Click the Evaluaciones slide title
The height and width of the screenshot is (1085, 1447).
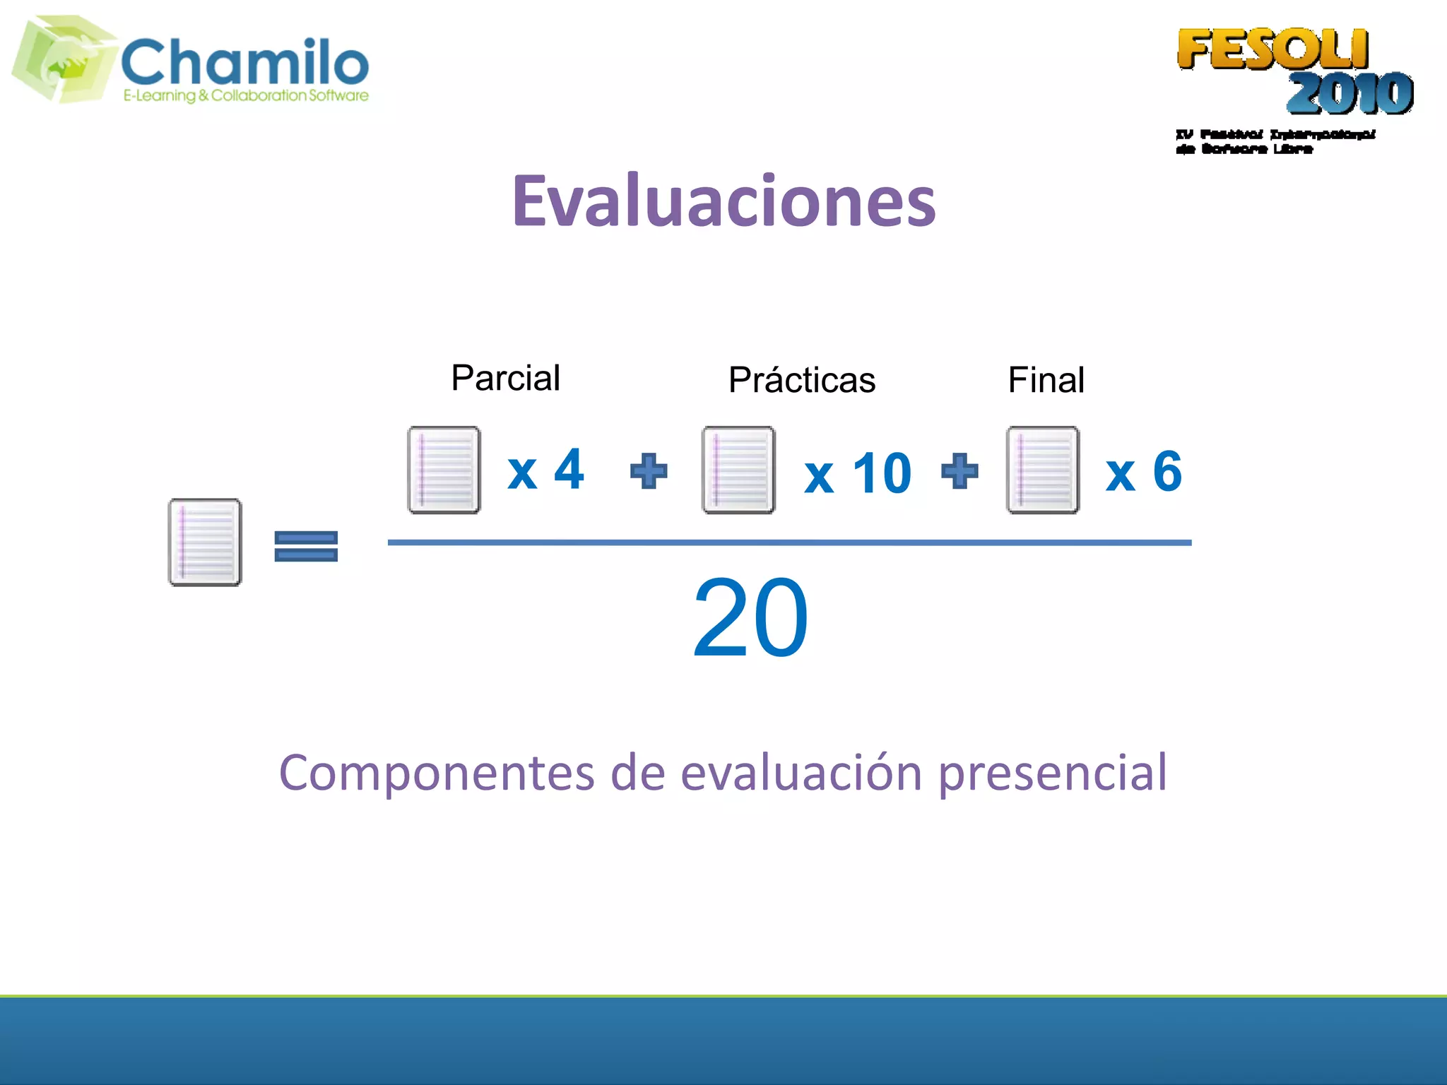[x=723, y=202]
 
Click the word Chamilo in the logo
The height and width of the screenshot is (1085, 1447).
[x=245, y=62]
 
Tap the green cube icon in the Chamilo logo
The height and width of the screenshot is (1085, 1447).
[x=64, y=59]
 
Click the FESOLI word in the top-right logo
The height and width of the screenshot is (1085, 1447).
[x=1272, y=49]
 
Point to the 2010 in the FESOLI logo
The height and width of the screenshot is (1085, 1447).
[x=1349, y=93]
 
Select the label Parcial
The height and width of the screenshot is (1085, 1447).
[x=506, y=378]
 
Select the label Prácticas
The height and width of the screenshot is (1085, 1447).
[x=802, y=380]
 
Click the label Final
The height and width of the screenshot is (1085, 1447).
[x=1046, y=380]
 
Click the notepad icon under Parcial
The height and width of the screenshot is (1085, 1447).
[x=444, y=470]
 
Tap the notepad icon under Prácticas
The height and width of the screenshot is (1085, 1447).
[x=738, y=470]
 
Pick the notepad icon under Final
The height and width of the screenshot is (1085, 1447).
[x=1042, y=470]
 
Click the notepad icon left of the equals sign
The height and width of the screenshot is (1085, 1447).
[x=204, y=542]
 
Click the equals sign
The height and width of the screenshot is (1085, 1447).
[x=306, y=546]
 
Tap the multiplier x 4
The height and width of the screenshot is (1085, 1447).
[x=545, y=469]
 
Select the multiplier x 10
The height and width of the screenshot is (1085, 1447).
[x=858, y=474]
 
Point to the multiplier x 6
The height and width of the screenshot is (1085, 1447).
[x=1143, y=472]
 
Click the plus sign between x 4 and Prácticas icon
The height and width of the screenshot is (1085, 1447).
[x=648, y=471]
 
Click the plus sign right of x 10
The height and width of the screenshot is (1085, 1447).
[x=959, y=471]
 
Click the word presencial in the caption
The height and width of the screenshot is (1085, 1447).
[x=1052, y=773]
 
